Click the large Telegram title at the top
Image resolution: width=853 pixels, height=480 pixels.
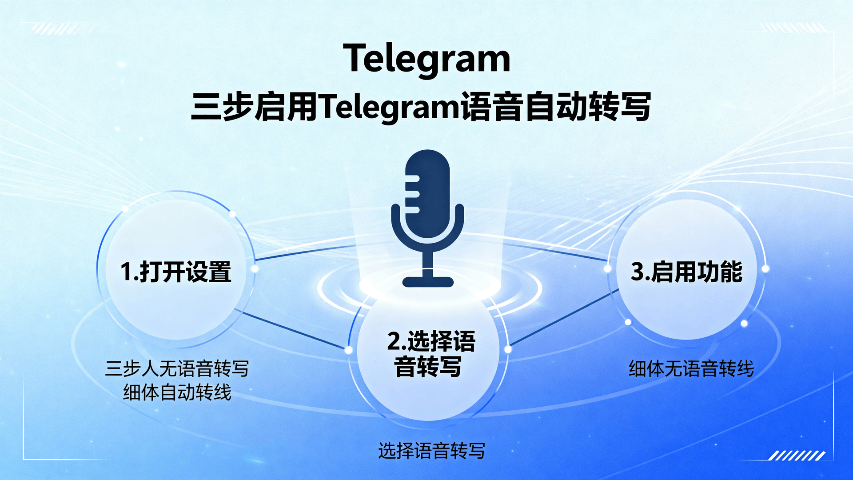click(x=426, y=59)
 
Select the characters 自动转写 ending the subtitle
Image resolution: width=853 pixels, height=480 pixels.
click(x=587, y=107)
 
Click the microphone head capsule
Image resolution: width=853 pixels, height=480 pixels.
click(x=428, y=191)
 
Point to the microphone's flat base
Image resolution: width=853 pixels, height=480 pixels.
click(x=428, y=282)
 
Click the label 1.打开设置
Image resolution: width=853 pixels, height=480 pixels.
click(x=176, y=272)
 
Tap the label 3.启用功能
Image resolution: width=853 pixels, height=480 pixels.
click(x=686, y=272)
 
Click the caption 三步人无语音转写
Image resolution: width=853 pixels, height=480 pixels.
click(x=177, y=368)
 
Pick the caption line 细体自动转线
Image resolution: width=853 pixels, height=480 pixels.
click(x=177, y=392)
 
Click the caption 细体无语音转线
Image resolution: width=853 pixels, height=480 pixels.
click(x=691, y=368)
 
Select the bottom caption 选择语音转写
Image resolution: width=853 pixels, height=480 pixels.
click(x=431, y=451)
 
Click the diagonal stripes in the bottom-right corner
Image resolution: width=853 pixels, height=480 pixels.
click(x=797, y=456)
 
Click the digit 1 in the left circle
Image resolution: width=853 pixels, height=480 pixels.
click(x=126, y=272)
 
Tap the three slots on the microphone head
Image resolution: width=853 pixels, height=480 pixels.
click(x=412, y=194)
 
